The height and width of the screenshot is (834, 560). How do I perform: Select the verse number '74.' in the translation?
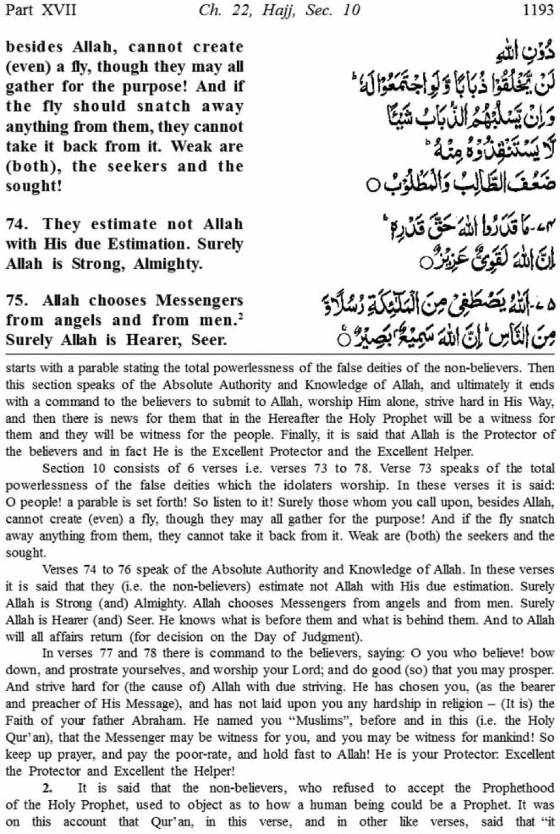point(16,224)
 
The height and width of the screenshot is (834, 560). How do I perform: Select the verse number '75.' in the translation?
point(16,300)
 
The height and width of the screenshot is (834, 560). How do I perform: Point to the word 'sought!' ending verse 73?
point(33,186)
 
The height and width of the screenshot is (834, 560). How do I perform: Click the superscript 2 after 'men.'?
point(240,316)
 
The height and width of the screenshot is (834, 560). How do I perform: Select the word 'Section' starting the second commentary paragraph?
point(64,468)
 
